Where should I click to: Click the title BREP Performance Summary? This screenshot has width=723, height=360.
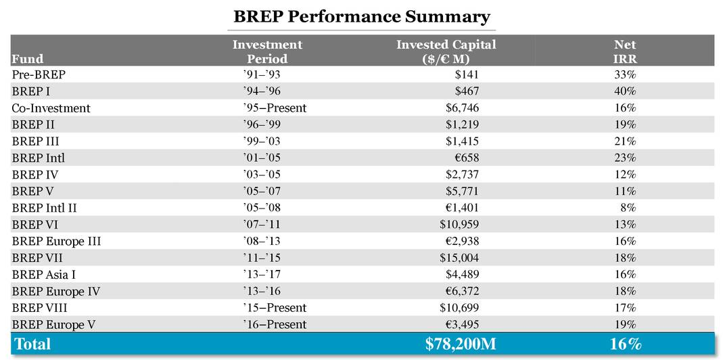point(362,16)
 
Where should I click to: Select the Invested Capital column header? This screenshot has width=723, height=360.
point(446,51)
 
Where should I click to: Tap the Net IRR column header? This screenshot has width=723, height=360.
point(625,51)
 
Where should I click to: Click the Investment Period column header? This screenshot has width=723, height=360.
point(267,51)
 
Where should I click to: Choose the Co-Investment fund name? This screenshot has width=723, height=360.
point(51,108)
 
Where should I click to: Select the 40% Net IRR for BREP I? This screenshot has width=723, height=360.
point(625,91)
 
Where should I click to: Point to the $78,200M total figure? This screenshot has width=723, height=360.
point(461,344)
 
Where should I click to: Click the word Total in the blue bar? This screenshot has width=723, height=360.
point(32,344)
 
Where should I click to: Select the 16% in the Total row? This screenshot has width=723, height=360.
point(625,344)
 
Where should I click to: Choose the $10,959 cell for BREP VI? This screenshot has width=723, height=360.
point(458,225)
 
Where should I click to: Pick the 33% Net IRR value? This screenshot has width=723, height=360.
point(625,74)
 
